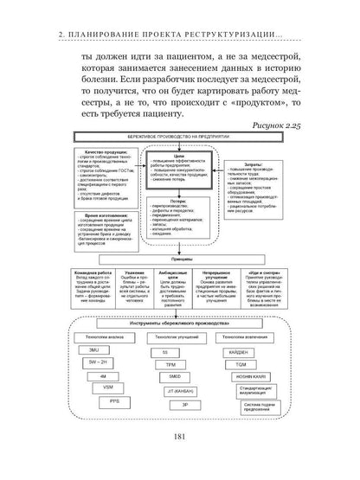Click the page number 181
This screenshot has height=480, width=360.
[180, 458]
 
